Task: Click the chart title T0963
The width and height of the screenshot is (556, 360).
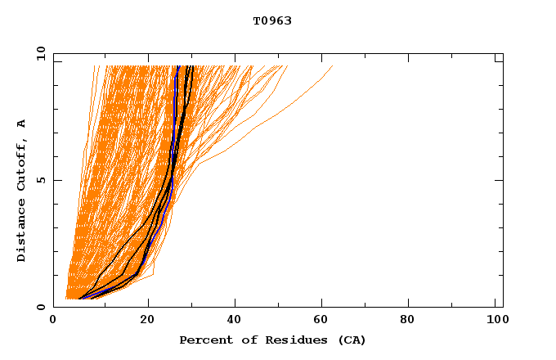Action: [272, 21]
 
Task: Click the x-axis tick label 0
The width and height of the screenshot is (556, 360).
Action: [53, 321]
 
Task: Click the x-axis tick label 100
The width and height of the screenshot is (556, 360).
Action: [495, 321]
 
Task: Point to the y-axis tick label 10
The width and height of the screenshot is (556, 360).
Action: [41, 55]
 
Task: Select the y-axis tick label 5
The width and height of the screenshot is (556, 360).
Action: [41, 181]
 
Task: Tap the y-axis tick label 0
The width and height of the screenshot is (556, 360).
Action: [41, 307]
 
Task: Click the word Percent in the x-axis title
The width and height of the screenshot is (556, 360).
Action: [203, 340]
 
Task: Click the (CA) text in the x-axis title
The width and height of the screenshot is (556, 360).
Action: [352, 340]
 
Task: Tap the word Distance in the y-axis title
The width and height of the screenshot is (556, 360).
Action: [21, 230]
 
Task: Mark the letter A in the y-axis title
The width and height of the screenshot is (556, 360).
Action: [21, 124]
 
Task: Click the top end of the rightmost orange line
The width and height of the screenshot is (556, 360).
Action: [333, 66]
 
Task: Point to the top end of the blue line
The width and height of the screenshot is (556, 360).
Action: [178, 66]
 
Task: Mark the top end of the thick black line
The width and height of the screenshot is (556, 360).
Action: [190, 66]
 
